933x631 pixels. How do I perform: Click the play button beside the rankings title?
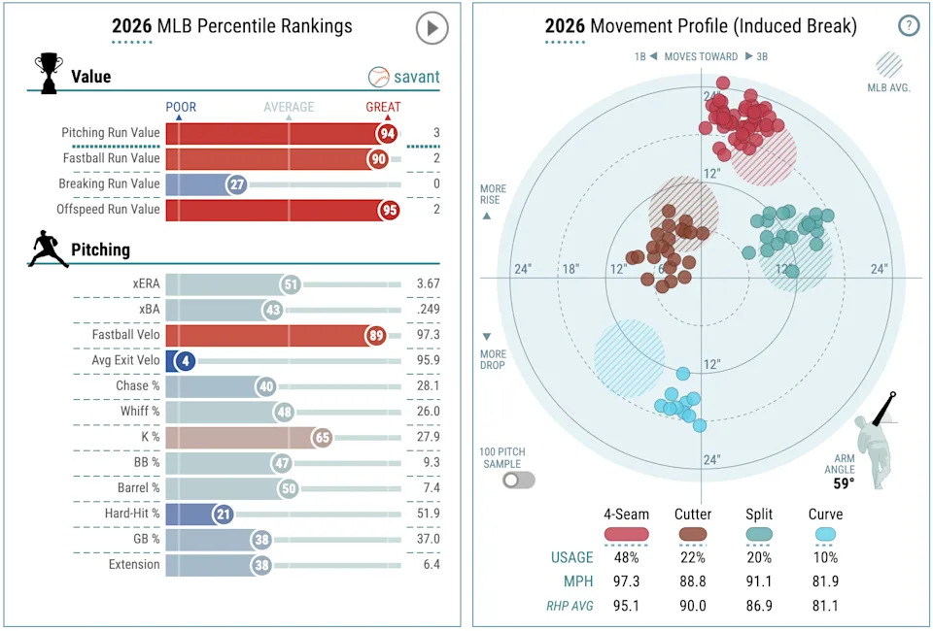[432, 27]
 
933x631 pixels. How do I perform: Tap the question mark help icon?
[908, 26]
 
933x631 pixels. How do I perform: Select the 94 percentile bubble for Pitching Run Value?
[389, 133]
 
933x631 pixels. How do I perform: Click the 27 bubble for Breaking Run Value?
[236, 184]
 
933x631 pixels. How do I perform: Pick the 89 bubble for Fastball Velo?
[375, 336]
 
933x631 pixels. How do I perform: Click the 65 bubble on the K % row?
[323, 438]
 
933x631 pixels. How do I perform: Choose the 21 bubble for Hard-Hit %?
[224, 514]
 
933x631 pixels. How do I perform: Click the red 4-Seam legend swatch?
[626, 534]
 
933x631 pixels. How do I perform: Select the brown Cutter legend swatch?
[693, 534]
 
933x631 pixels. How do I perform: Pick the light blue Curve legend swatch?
[826, 534]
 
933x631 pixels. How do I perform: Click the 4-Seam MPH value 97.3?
[626, 581]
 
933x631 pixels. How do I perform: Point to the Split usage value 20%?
[759, 557]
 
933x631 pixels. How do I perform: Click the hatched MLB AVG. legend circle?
[888, 64]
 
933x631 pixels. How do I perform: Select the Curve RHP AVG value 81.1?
[826, 606]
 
